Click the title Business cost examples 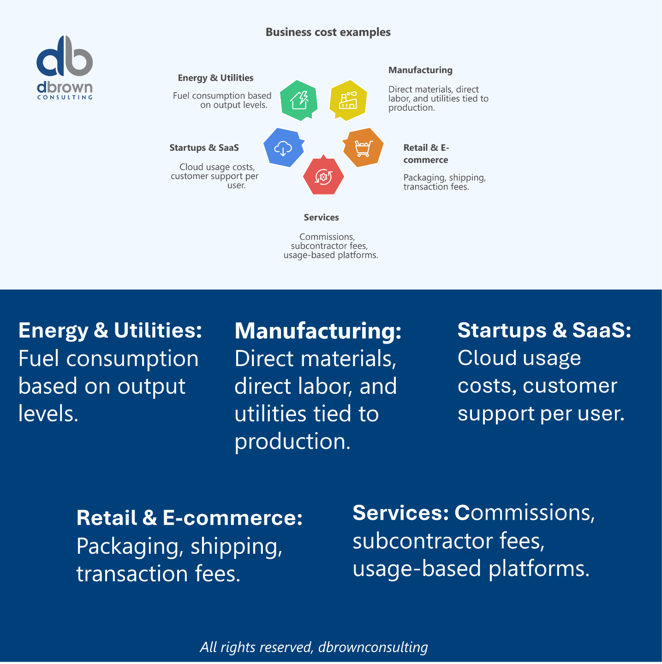(328, 32)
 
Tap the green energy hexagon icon (299, 100)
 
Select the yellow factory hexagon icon (348, 100)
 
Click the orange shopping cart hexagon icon (363, 148)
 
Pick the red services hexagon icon (323, 176)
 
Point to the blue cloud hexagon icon (283, 148)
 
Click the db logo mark (65, 57)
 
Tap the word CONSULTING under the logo (65, 97)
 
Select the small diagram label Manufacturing (420, 70)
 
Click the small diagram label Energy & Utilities (215, 78)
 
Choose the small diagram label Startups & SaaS (204, 148)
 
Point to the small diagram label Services (321, 217)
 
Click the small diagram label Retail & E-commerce (426, 154)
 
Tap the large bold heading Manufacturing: (318, 331)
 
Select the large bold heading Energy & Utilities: (110, 331)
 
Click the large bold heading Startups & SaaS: (544, 331)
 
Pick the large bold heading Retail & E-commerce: (190, 518)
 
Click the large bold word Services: (400, 513)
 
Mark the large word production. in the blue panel (292, 442)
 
